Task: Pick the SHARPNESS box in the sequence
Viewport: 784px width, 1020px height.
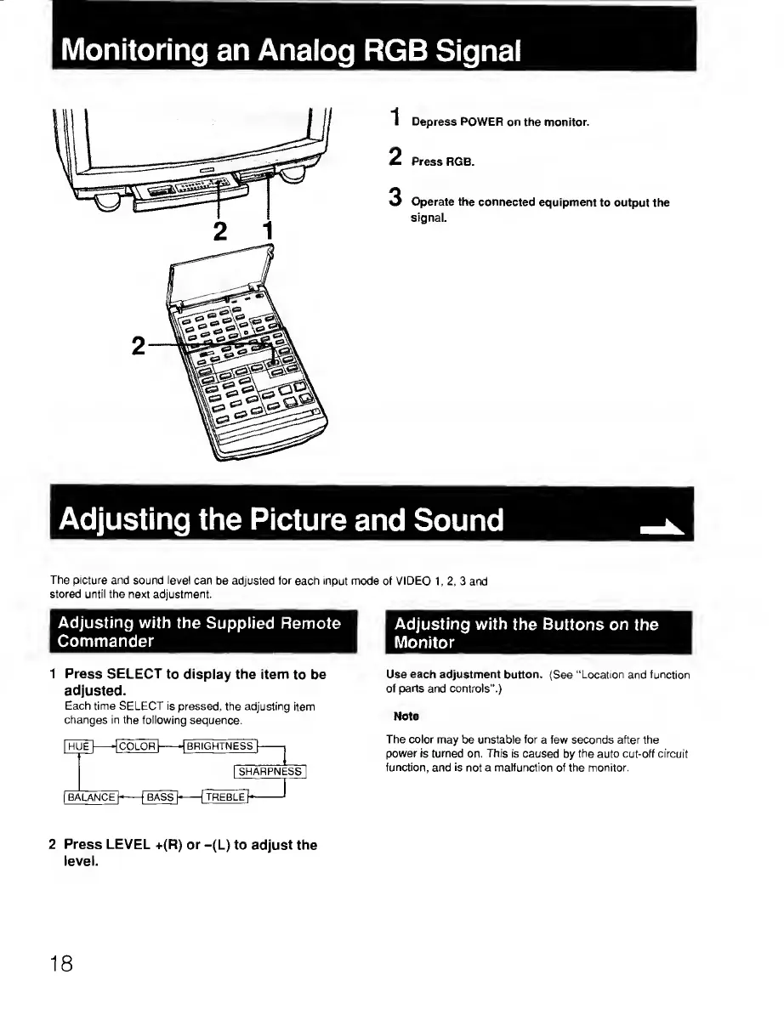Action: coord(270,772)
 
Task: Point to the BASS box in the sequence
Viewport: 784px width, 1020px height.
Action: coord(160,796)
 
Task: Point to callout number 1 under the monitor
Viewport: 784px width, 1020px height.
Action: coord(268,230)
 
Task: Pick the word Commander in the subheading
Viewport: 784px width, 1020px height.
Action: coord(105,640)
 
